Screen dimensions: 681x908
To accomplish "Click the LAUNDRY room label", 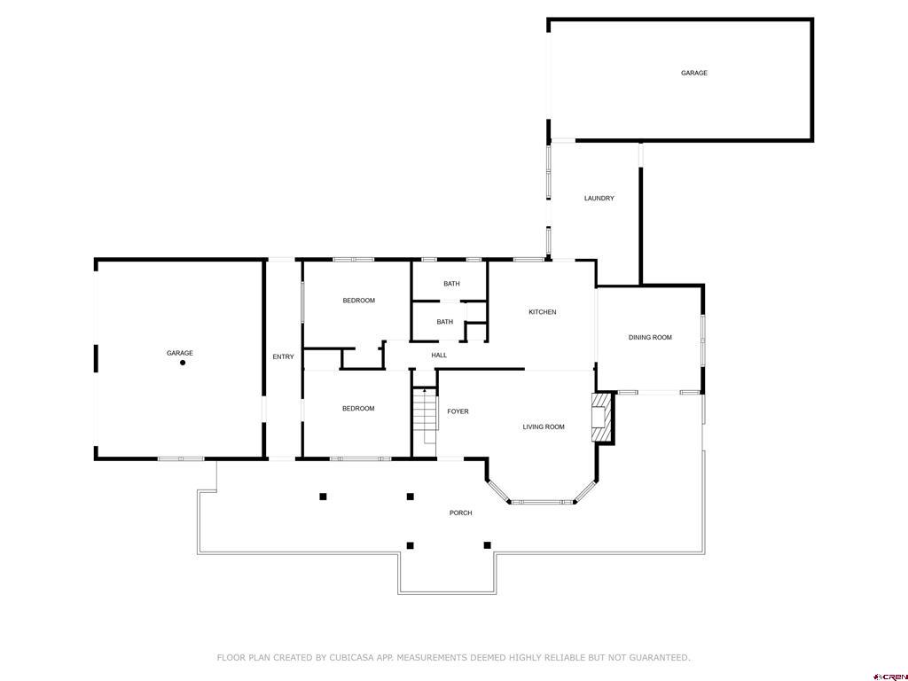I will click(x=599, y=199).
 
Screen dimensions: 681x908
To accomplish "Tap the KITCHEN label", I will click(x=542, y=312).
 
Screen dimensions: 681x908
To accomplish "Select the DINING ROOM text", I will click(x=650, y=338).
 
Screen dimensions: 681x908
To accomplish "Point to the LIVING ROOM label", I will click(x=543, y=427).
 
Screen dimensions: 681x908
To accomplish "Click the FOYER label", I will click(x=458, y=411).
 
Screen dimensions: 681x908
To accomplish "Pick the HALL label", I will click(x=439, y=356).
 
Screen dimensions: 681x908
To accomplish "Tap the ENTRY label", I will click(x=283, y=357).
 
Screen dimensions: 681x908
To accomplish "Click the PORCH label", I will click(x=460, y=513).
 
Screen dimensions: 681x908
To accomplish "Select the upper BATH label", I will click(x=451, y=284).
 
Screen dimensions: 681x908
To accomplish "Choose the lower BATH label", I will click(x=444, y=322).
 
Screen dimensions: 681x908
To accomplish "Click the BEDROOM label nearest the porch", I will click(x=358, y=409).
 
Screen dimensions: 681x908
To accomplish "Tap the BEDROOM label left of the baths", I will click(x=358, y=301).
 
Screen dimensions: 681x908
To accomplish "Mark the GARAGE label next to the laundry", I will click(x=693, y=73).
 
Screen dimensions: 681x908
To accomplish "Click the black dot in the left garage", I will click(x=183, y=363).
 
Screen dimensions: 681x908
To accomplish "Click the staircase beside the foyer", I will click(x=426, y=415).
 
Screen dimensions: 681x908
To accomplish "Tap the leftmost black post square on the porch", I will click(x=323, y=497).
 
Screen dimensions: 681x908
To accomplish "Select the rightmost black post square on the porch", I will click(x=487, y=545).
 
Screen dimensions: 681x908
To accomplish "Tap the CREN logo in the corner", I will click(x=889, y=676).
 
